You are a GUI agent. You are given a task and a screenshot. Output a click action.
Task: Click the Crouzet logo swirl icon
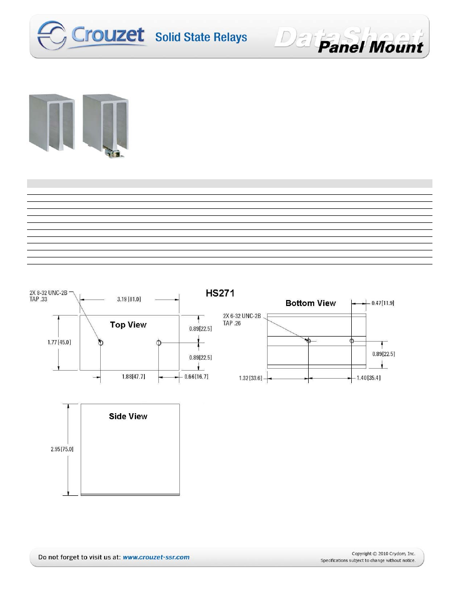click(x=52, y=35)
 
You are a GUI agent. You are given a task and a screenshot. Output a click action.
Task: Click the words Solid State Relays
click(x=201, y=37)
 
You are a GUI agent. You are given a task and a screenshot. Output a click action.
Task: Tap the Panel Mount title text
click(x=370, y=48)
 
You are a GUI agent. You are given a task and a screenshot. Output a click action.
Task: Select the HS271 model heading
click(x=220, y=293)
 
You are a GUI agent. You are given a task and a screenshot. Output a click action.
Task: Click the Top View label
click(x=128, y=325)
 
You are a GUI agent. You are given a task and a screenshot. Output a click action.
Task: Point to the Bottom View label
click(x=311, y=303)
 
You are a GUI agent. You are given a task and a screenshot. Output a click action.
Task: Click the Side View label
click(x=128, y=416)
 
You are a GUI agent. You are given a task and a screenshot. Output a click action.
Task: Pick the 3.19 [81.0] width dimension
click(x=129, y=300)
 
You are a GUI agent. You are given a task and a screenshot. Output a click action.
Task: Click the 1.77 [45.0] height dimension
click(x=59, y=342)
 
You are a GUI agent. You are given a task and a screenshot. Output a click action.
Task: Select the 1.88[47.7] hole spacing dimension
click(x=134, y=377)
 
